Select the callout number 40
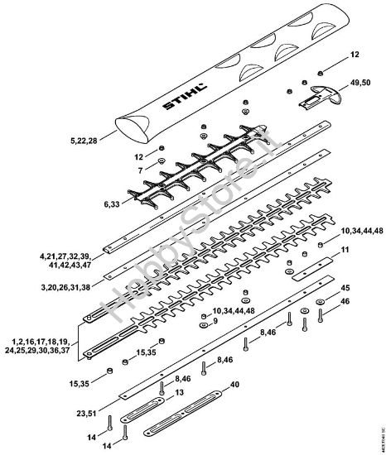234,385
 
